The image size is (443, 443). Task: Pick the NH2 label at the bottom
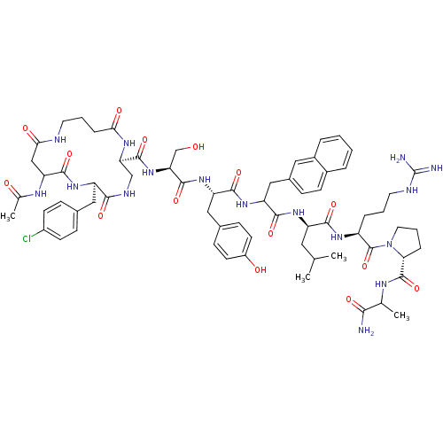point(366,331)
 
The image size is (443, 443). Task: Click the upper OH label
point(197,146)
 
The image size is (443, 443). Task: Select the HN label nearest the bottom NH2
point(382,284)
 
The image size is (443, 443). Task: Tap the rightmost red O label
point(416,288)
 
